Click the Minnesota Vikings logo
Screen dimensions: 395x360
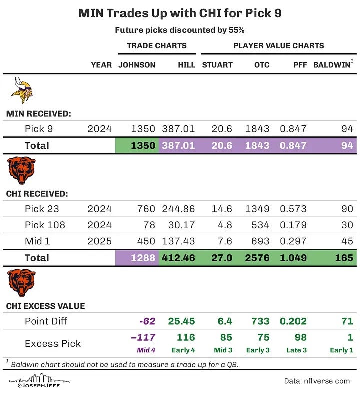click(x=22, y=90)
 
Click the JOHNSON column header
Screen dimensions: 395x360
click(x=137, y=65)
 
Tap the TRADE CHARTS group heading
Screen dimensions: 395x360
click(x=156, y=46)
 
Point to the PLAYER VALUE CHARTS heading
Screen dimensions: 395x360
click(x=278, y=46)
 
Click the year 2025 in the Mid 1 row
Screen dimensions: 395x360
click(x=99, y=241)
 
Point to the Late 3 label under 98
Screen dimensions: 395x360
click(x=293, y=350)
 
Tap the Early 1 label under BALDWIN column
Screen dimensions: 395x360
click(x=341, y=350)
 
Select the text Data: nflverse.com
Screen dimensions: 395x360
click(x=317, y=381)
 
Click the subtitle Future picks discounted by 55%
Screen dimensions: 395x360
click(x=179, y=30)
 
